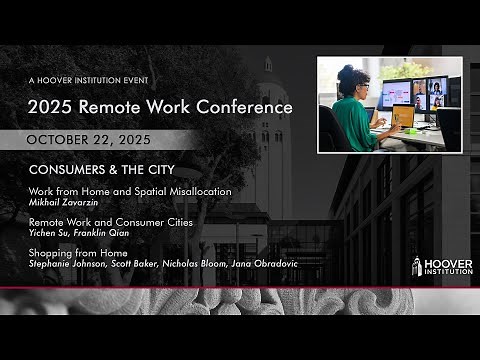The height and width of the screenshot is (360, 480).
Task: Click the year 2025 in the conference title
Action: pos(52,106)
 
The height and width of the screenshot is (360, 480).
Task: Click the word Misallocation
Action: pos(194,190)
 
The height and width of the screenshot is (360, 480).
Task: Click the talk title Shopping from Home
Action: pos(71,254)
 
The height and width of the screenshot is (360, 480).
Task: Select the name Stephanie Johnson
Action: pos(63,265)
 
